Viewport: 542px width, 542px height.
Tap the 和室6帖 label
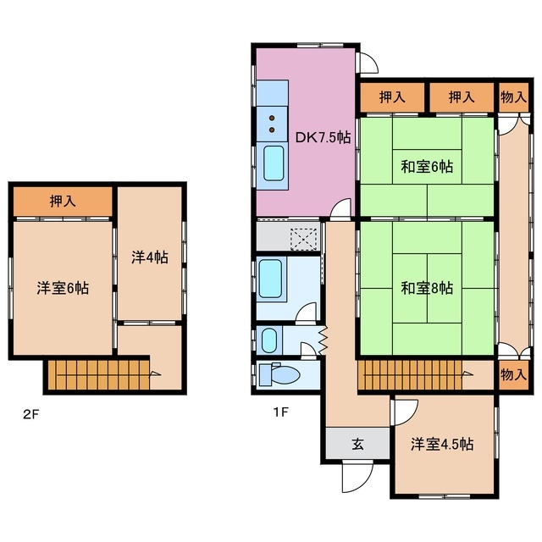point(426,167)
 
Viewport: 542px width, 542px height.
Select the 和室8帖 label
point(426,288)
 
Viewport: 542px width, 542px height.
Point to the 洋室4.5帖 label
point(443,445)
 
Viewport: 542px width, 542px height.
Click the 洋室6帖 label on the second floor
point(62,288)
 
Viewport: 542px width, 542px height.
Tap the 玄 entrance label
point(357,442)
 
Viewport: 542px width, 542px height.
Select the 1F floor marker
point(281,414)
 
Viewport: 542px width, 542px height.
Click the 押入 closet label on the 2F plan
point(62,202)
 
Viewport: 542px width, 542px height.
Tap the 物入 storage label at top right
point(511,97)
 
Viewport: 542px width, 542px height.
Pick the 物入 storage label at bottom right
point(511,373)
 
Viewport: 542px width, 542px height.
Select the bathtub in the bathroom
point(271,279)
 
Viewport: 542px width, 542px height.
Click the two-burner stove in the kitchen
point(273,124)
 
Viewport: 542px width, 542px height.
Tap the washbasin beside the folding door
point(270,340)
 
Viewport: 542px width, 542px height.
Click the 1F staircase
point(411,375)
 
